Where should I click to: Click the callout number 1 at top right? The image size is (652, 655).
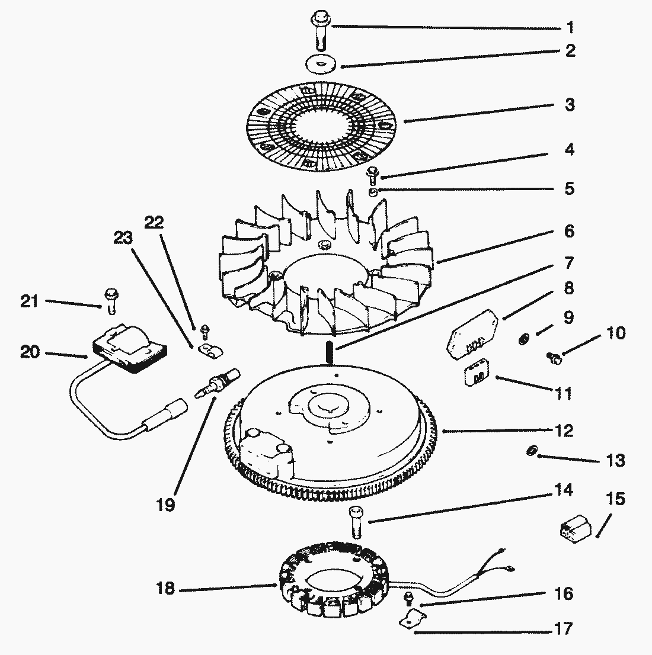click(570, 27)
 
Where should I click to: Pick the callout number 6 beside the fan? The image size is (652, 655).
click(569, 231)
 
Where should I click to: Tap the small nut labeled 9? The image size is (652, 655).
click(524, 339)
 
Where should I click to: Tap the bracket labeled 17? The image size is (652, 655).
click(412, 619)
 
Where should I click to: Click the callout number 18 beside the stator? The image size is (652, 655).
click(167, 590)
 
